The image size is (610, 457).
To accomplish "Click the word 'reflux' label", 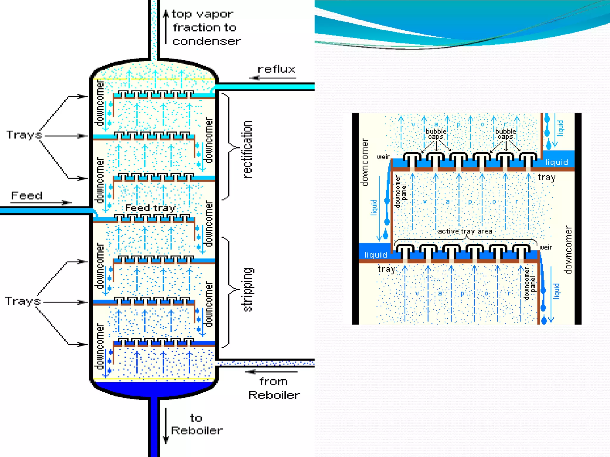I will pos(276,69).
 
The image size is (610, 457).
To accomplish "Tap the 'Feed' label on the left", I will pos(27,196).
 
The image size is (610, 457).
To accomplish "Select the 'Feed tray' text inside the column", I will pos(150,208).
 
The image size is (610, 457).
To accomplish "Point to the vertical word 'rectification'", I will pos(247,149).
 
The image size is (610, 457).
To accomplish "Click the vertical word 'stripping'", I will pos(247,289).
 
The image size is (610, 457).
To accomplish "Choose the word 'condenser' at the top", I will pos(206,41).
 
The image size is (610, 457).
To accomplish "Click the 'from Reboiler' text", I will pos(274,389).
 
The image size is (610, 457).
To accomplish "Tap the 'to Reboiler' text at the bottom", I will pos(197,425).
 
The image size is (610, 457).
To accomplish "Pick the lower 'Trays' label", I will pos(23,301).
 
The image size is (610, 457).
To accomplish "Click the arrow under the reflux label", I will pos(273,78).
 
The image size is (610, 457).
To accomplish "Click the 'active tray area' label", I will pos(465,231).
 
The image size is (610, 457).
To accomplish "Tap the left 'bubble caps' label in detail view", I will pos(436,134).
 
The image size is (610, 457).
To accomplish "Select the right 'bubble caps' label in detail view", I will pos(505,134).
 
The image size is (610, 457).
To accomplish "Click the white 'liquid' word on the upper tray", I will pos(556,162).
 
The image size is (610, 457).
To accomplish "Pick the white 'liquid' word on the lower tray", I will pos(376,255).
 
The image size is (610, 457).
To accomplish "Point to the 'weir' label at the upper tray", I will pos(383,157).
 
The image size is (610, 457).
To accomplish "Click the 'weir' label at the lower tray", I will pos(546,247).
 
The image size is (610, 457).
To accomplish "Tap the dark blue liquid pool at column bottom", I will pos(154,388).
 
